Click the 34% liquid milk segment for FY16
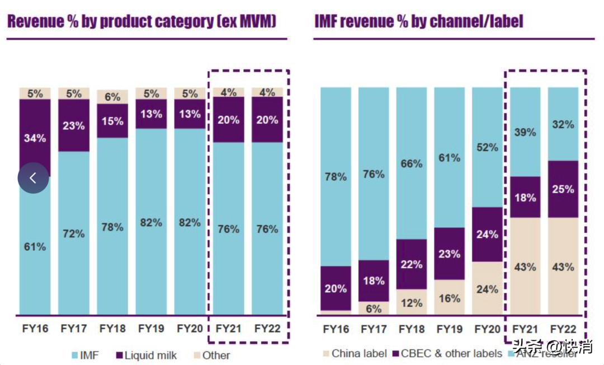point(35,138)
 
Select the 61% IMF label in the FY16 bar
point(35,246)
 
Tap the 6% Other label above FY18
point(112,97)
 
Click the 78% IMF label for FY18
point(112,227)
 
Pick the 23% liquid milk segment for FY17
point(73,125)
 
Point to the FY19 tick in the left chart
point(150,328)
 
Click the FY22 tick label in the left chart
point(267,328)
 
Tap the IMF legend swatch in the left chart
point(74,355)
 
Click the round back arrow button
point(33,178)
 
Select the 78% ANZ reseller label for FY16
point(336,177)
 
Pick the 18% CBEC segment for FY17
point(374,280)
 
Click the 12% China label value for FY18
point(411,303)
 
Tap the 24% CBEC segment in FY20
point(487,234)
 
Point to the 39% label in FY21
point(525,133)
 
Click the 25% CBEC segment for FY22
point(563,189)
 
